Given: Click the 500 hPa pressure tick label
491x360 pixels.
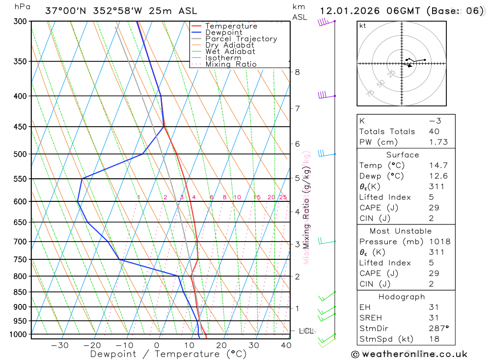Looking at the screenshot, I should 20,154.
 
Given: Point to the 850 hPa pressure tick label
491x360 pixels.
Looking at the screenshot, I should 20,292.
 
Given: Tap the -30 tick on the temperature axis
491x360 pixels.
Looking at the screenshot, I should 60,345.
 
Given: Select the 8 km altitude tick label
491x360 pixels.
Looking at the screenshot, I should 297,72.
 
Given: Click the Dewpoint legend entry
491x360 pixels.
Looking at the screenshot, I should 223,32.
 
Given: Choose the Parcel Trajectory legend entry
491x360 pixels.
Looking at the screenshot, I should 241,39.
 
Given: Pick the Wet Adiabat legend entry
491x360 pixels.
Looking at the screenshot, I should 230,52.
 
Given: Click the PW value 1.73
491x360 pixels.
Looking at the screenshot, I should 438,142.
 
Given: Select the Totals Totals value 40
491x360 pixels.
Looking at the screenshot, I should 434,132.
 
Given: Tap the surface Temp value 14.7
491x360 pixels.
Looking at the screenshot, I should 438,166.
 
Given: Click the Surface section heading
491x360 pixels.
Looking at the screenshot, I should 402,155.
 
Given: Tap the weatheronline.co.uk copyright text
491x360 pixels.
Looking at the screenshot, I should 409,354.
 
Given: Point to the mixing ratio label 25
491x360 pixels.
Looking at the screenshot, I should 283,197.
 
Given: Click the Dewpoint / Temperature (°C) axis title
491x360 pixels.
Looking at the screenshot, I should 168,354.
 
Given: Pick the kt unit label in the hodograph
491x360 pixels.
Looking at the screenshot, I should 363,26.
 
